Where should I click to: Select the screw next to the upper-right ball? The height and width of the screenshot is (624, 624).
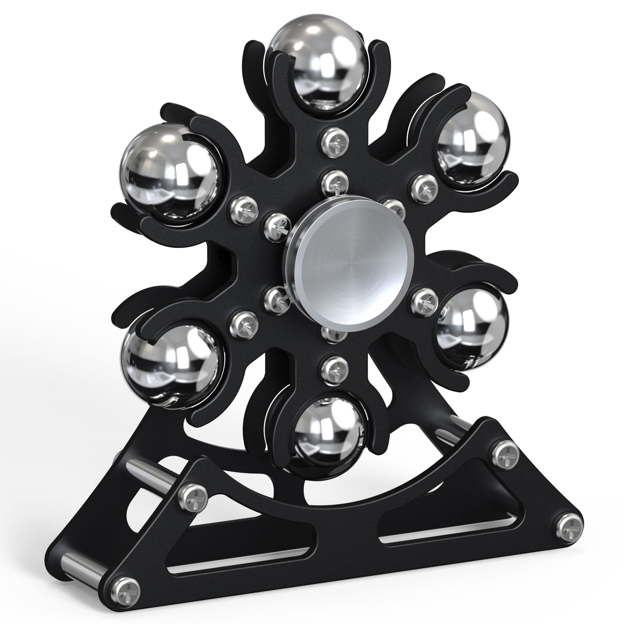point(424,184)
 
